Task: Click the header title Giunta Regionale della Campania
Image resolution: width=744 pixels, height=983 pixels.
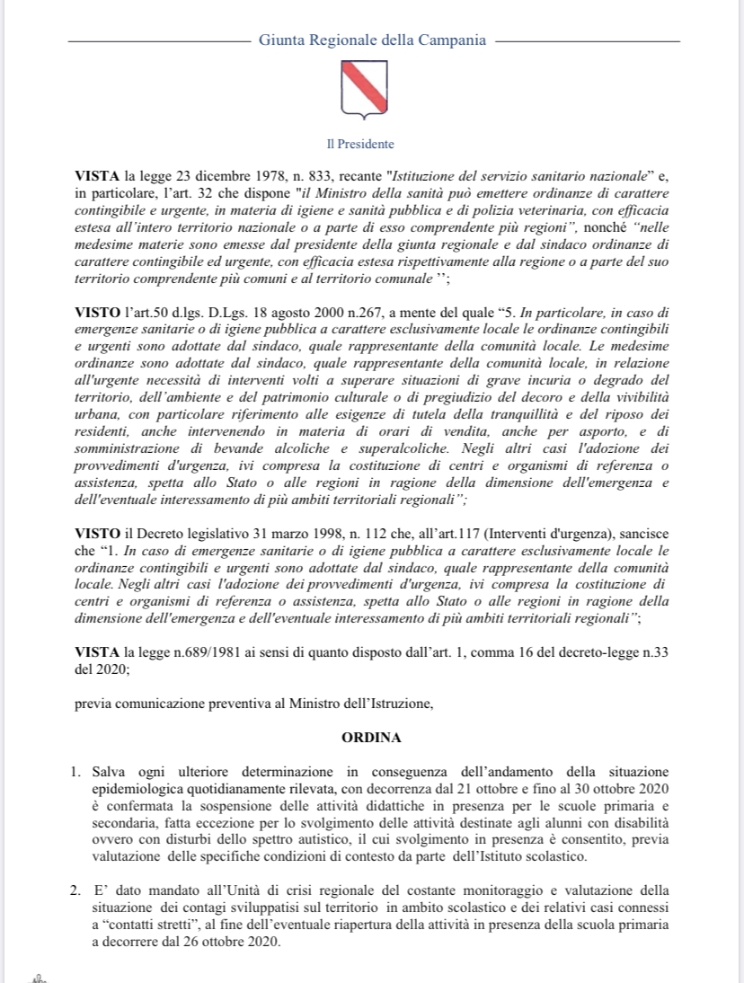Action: tap(372, 40)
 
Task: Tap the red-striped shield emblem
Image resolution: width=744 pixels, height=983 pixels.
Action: tap(364, 88)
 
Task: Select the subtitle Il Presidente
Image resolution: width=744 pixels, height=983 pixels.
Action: tap(359, 144)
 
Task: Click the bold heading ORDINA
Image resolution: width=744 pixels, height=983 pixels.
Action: tap(371, 737)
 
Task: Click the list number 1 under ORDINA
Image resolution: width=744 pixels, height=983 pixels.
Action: tap(78, 773)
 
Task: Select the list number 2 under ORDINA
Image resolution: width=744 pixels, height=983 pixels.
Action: tap(78, 891)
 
